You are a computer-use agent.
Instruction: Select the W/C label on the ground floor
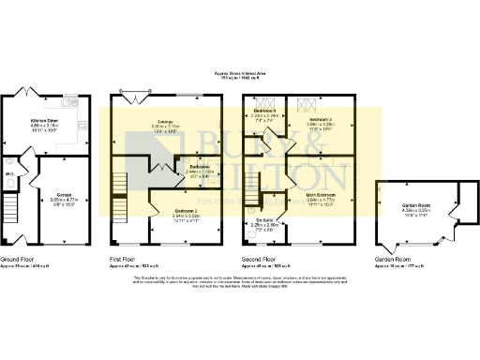click(7, 172)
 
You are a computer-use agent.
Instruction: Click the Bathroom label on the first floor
click(200, 169)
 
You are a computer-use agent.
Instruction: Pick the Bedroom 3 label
click(322, 118)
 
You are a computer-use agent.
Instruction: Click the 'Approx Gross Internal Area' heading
click(240, 71)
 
